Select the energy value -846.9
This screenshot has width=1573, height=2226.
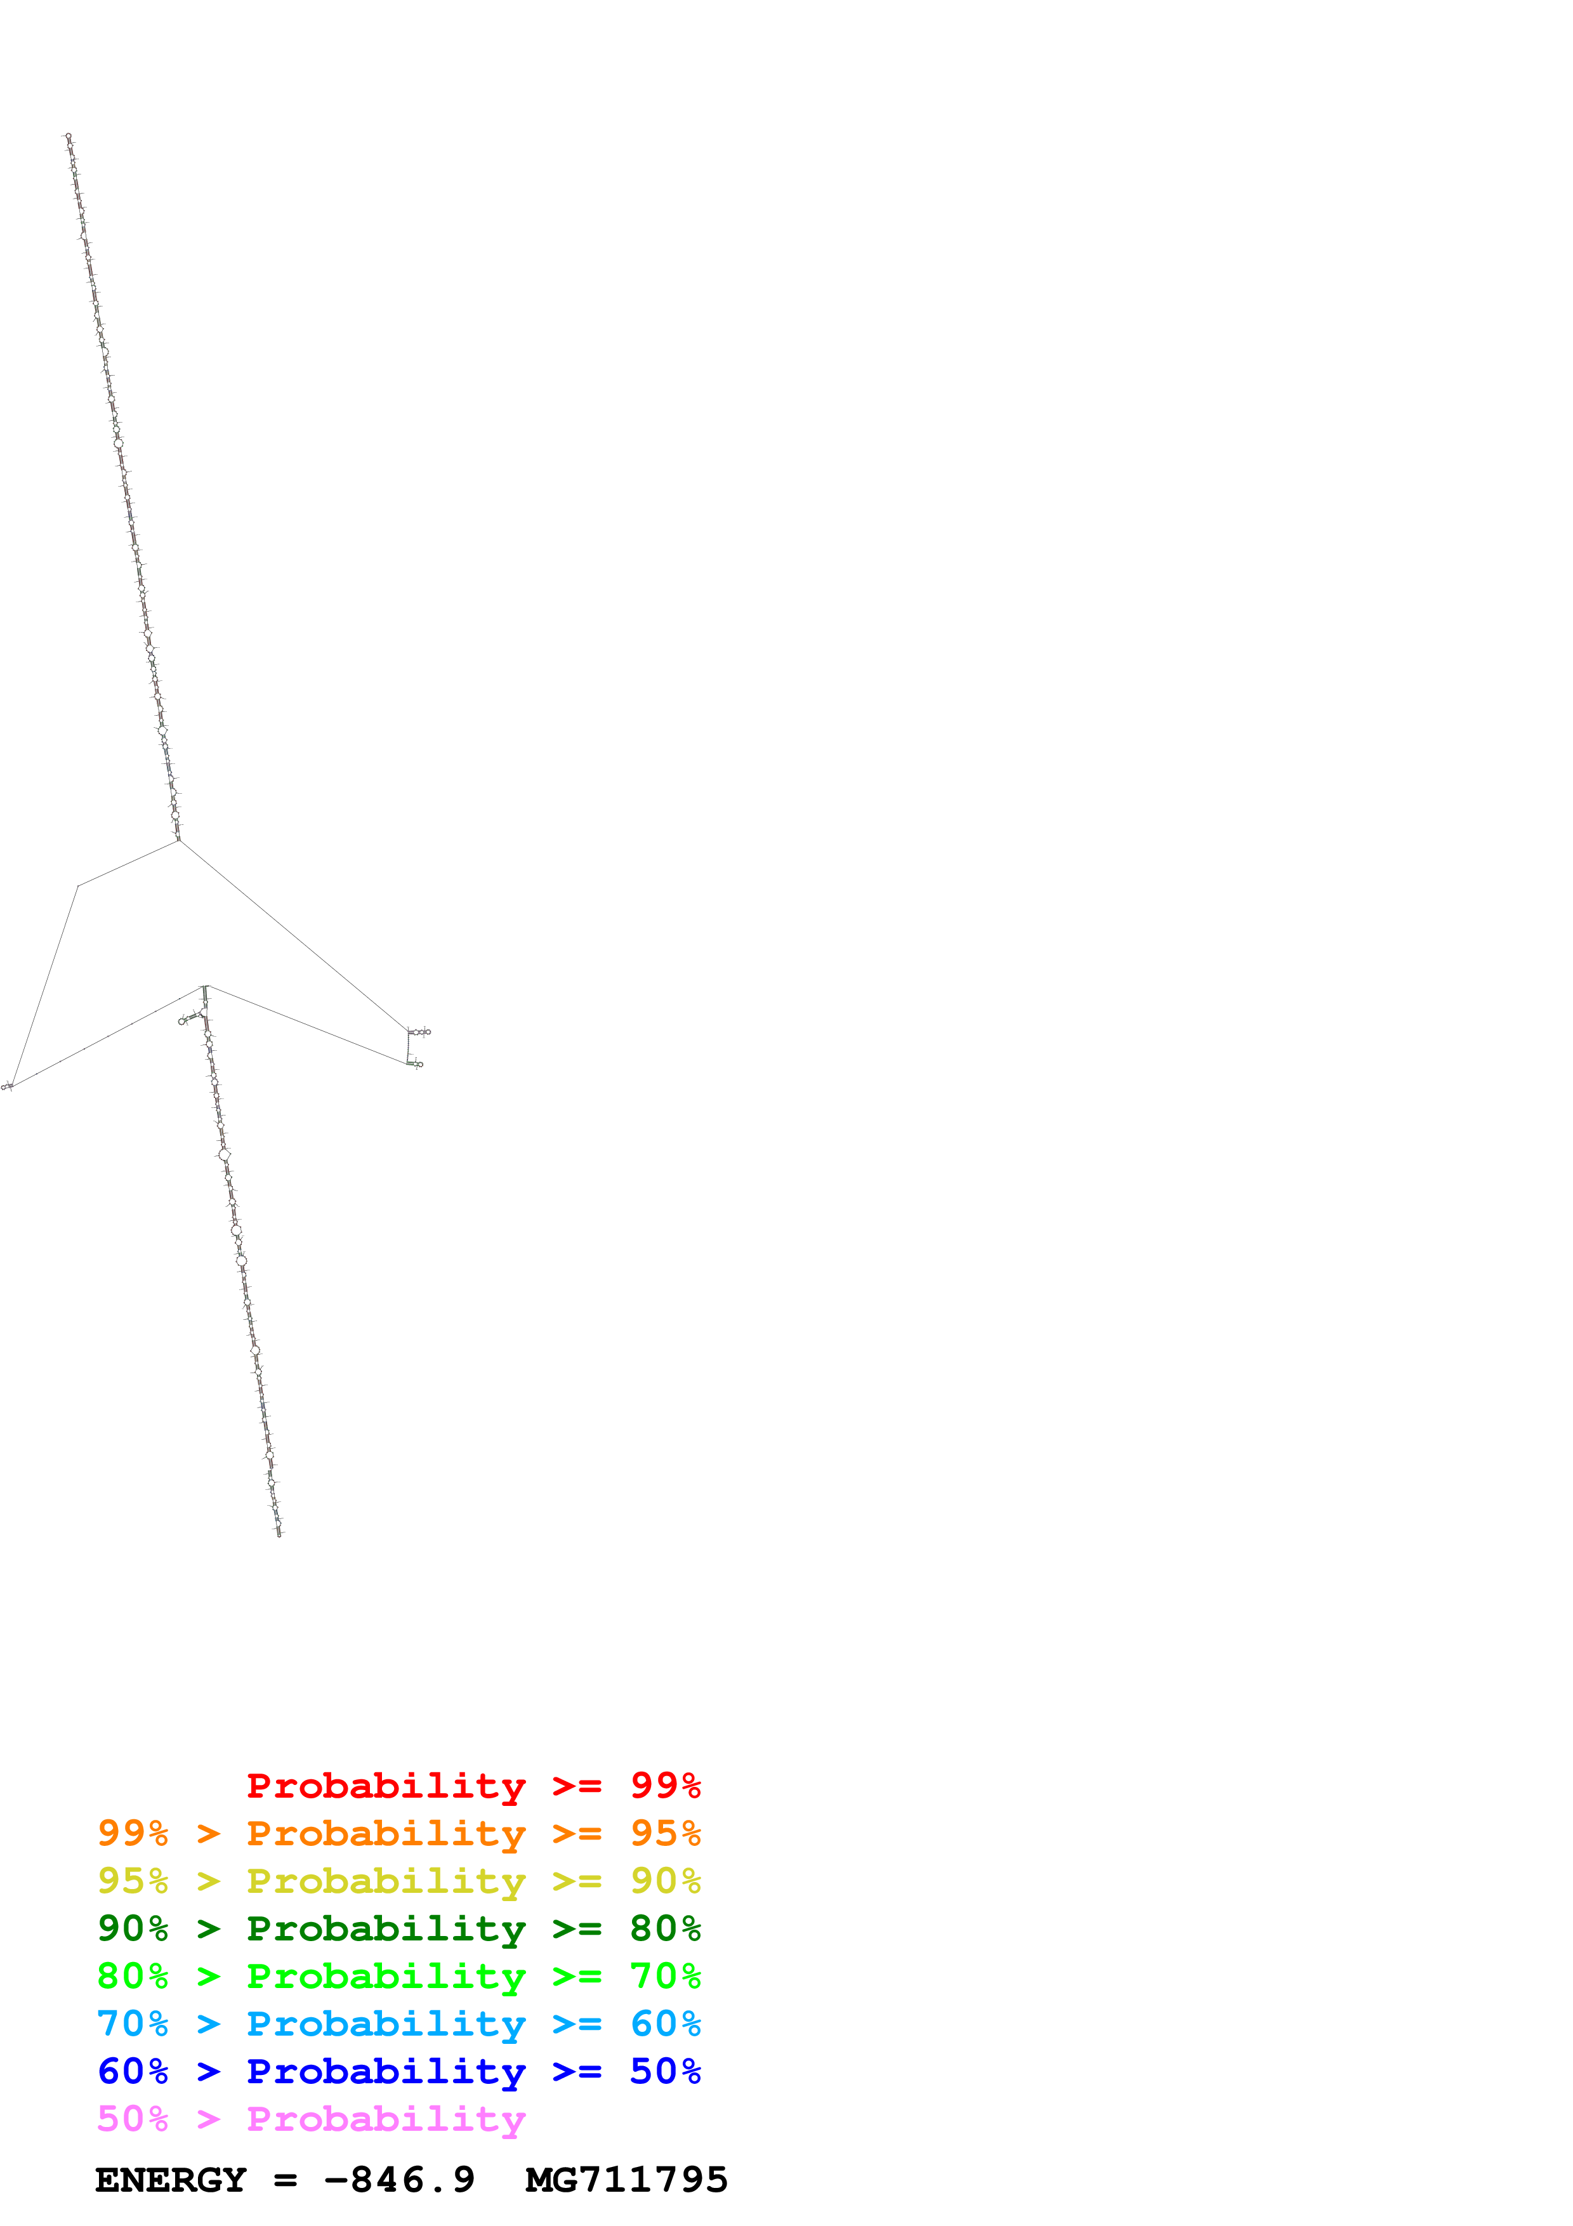pyautogui.click(x=399, y=2180)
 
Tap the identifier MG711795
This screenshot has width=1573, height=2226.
pyautogui.click(x=626, y=2180)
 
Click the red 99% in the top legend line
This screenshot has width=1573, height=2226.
pyautogui.click(x=665, y=1785)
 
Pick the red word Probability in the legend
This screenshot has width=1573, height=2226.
pyautogui.click(x=386, y=1786)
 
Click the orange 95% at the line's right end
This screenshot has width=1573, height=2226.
pyautogui.click(x=665, y=1833)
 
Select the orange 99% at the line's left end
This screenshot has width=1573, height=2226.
pyautogui.click(x=133, y=1833)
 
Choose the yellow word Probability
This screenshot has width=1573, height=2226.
pyautogui.click(x=386, y=1882)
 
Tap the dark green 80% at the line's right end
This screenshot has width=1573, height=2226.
pyautogui.click(x=665, y=1928)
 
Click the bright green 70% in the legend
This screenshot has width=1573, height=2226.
pyautogui.click(x=665, y=1976)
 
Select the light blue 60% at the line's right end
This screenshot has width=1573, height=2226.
pyautogui.click(x=665, y=2024)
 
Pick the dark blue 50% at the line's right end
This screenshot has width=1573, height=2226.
pyautogui.click(x=665, y=2071)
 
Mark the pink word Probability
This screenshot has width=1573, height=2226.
pyautogui.click(x=386, y=2119)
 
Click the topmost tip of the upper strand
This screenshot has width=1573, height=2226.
pyautogui.click(x=67, y=136)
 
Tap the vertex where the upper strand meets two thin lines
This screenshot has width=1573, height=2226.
pyautogui.click(x=178, y=840)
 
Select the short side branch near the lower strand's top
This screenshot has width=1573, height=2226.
pyautogui.click(x=189, y=1018)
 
